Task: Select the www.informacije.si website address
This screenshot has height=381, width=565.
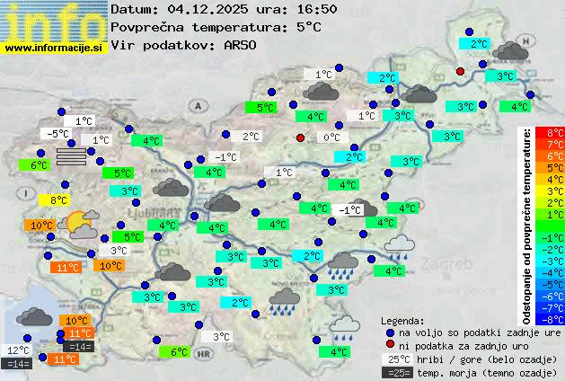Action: (54, 47)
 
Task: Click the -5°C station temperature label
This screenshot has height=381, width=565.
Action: (57, 134)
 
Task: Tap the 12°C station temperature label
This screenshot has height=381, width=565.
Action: (18, 350)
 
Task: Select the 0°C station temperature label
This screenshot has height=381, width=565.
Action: (331, 137)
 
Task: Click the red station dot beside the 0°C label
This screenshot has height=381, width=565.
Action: (301, 137)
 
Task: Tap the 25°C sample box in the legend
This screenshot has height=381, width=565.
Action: (396, 359)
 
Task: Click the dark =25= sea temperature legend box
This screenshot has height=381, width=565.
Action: (396, 372)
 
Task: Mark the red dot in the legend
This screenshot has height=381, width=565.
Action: (390, 345)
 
